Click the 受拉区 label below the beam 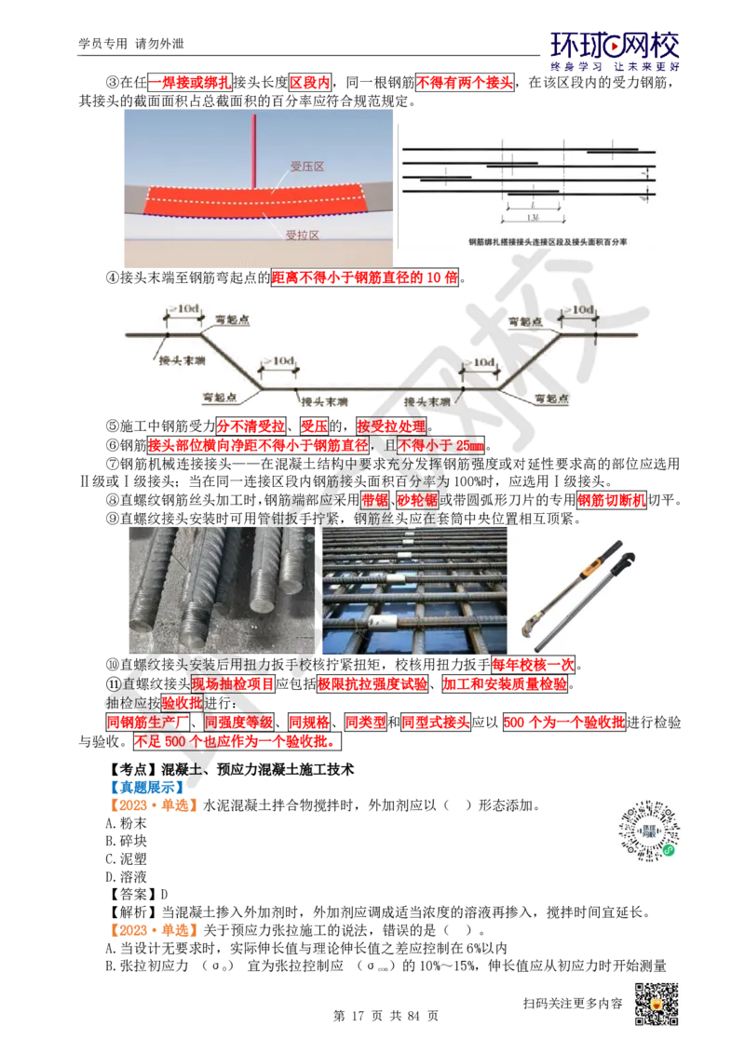coord(303,236)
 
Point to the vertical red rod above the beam coord(253,149)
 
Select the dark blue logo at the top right coord(615,51)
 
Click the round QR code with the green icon coord(647,830)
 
